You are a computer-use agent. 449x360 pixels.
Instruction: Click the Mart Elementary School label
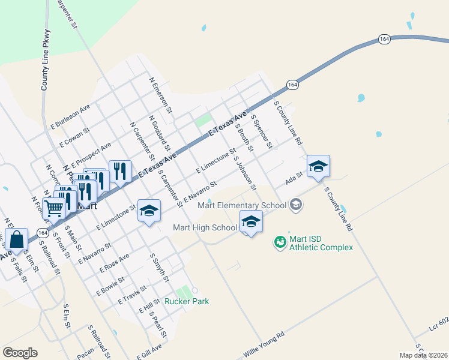[x=242, y=205]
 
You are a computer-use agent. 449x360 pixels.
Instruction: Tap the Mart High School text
[x=205, y=227]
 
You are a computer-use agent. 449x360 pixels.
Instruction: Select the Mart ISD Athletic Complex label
[x=321, y=242]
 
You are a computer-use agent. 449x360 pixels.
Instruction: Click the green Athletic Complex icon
[x=280, y=242]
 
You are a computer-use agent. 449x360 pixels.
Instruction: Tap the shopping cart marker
[x=54, y=208]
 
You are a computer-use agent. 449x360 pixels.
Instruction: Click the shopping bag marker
[x=17, y=239]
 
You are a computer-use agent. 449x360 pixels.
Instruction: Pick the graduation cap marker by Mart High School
[x=251, y=221]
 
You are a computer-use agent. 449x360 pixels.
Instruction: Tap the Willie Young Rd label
[x=262, y=344]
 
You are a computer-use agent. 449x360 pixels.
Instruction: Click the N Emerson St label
[x=161, y=95]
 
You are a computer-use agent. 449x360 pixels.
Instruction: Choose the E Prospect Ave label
[x=91, y=155]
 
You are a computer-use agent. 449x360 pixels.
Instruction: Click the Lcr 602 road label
[x=439, y=325]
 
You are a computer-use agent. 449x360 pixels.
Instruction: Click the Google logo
[x=20, y=353]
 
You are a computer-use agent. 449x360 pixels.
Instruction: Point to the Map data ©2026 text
[x=423, y=355]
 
